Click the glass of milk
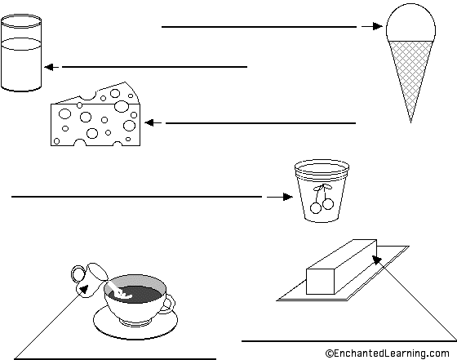(21, 52)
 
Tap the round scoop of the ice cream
(410, 24)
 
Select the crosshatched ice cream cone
(410, 76)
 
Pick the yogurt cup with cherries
(322, 191)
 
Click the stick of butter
(342, 267)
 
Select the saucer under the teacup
(135, 322)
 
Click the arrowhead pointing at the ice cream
(377, 26)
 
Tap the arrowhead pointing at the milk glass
(49, 67)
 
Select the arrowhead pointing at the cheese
(149, 123)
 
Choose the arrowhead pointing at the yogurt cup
(287, 197)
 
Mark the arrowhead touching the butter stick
(376, 259)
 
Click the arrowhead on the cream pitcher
(84, 290)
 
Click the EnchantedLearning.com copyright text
(388, 353)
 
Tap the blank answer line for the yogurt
(137, 197)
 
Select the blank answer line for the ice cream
(260, 27)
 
